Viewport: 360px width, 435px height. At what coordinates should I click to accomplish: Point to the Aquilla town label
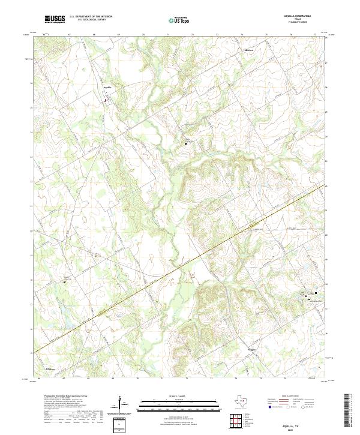coord(108,87)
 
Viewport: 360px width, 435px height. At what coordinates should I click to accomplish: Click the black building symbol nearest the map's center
coord(186,143)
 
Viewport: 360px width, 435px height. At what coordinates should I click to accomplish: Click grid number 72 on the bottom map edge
coord(187,379)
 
